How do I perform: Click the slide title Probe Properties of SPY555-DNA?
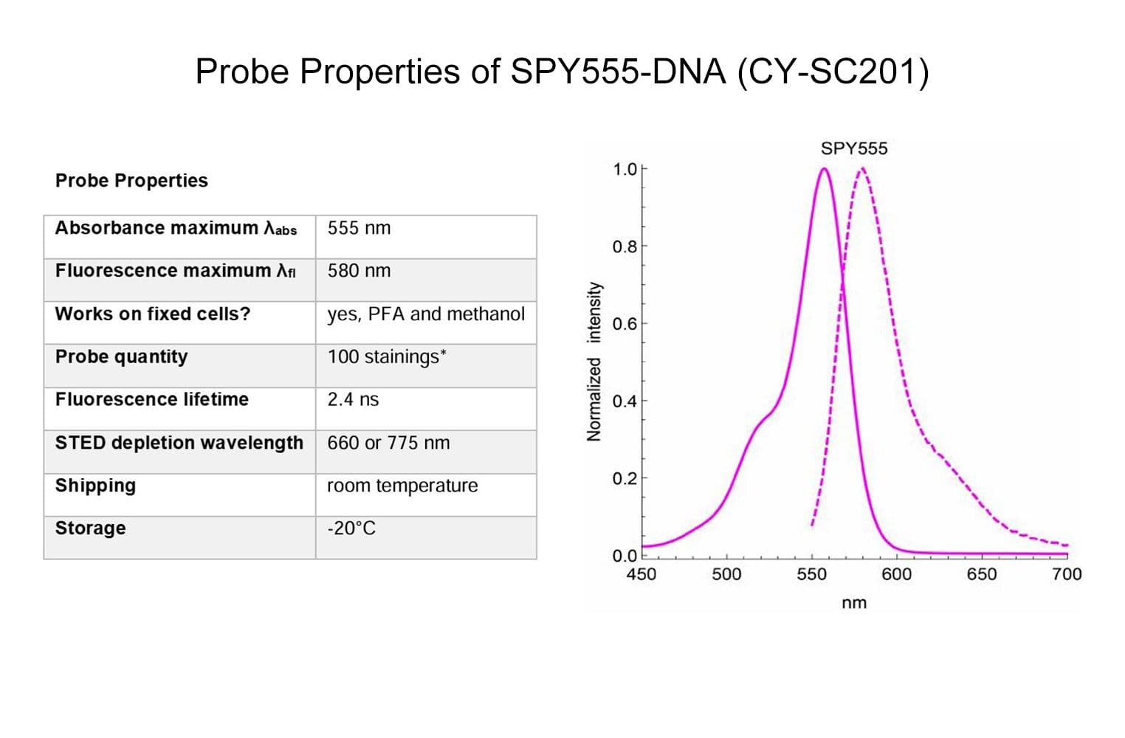562,72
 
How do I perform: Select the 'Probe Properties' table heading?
131,181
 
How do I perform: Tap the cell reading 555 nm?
359,228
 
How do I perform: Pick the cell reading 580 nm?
359,271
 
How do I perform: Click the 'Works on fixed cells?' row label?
153,314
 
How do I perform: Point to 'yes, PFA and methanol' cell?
426,314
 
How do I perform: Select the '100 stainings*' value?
387,356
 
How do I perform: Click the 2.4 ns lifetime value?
353,399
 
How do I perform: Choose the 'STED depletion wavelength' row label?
179,443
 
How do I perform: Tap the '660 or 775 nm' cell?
388,443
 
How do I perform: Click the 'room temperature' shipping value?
402,486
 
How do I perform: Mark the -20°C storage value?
351,528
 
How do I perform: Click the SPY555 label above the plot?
854,148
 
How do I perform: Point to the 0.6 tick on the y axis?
624,324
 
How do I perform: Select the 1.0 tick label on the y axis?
624,170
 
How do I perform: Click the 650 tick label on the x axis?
981,574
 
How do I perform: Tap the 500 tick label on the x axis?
726,574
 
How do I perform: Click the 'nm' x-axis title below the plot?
854,603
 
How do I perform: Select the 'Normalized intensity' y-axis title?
594,362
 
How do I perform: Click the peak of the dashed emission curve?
861,169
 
